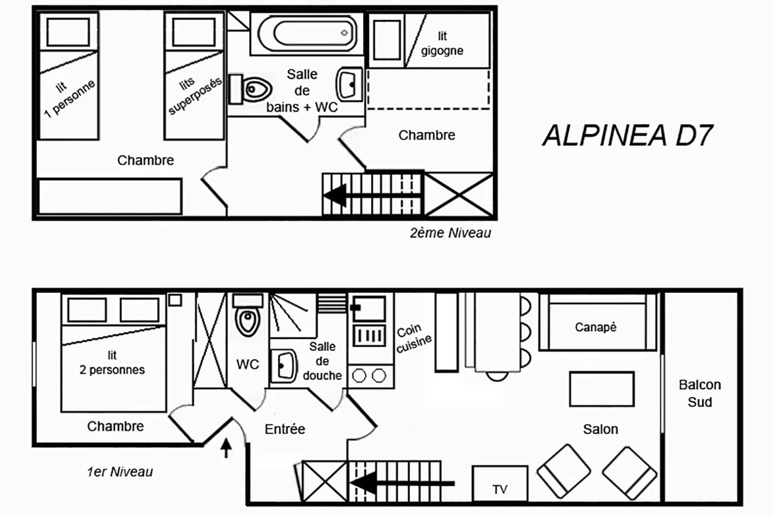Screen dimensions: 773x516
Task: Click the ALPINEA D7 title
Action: click(628, 135)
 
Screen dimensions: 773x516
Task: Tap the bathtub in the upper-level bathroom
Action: click(307, 33)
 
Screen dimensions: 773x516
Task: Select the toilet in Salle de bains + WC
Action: click(250, 89)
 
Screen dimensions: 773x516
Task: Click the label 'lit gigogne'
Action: click(442, 43)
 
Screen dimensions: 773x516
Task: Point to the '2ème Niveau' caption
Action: click(450, 233)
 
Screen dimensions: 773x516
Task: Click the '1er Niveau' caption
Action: click(120, 472)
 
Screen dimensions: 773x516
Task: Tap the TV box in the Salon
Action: click(499, 483)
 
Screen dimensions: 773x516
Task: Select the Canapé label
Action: click(596, 327)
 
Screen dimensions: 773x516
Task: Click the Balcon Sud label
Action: click(700, 393)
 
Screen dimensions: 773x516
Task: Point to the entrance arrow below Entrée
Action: click(226, 448)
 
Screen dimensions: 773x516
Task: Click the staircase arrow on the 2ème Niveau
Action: click(372, 195)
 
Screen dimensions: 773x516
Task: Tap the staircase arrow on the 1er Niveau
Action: click(403, 483)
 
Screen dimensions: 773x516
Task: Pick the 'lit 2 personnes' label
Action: click(112, 362)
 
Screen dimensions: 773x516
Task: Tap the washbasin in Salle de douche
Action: click(284, 366)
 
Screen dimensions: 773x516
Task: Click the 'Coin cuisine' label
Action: click(414, 338)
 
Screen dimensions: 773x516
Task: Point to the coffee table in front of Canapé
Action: click(602, 389)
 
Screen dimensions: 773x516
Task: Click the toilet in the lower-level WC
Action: click(248, 315)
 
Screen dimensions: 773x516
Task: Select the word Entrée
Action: click(285, 429)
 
